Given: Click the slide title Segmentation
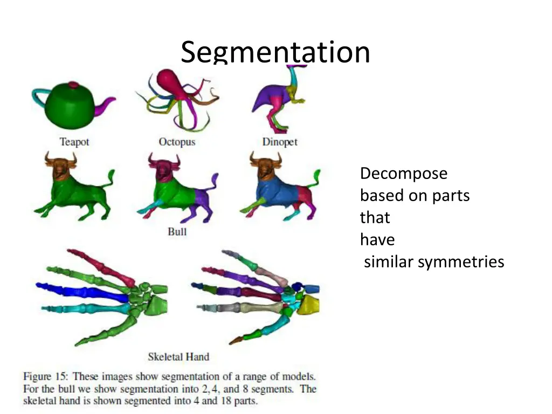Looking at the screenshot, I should [x=275, y=52].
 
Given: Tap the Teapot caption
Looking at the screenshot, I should [x=74, y=142].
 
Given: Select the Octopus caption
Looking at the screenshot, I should [x=177, y=142].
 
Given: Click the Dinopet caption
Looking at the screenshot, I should [x=280, y=142].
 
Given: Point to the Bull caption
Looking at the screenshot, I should [x=177, y=231].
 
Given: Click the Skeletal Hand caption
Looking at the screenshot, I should [x=178, y=356].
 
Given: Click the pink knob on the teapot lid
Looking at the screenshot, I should [x=73, y=85].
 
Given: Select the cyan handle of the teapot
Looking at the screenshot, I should [x=39, y=96].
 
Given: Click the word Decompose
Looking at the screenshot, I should [x=404, y=174].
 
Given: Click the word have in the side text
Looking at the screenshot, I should [x=377, y=240].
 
